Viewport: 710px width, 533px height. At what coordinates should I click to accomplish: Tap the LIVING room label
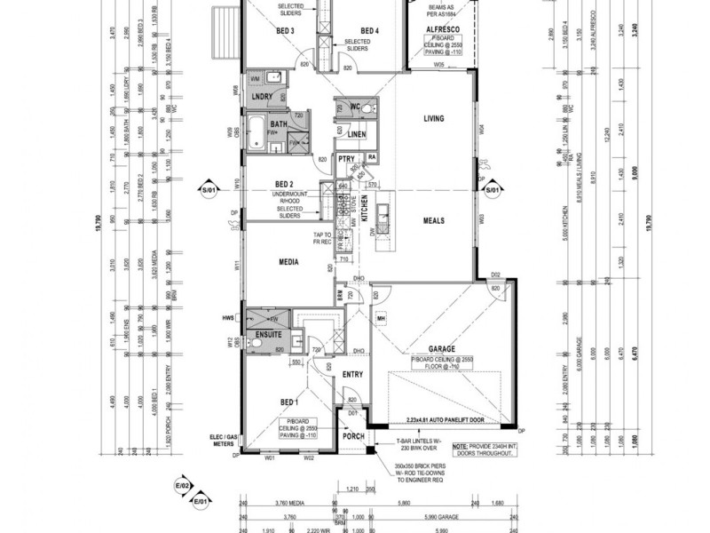coord(433,118)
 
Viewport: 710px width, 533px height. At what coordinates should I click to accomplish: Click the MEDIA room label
coord(288,262)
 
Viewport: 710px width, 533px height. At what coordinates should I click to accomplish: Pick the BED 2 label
coord(284,185)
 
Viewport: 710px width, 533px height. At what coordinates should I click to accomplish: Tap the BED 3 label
coord(286,31)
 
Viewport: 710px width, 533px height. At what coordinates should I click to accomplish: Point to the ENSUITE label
coord(269,335)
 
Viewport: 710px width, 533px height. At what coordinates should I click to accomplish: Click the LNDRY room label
coord(261,95)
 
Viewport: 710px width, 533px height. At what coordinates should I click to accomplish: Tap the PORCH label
coord(353,436)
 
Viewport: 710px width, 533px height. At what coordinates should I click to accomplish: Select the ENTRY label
coord(353,375)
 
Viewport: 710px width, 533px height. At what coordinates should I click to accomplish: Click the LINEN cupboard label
coord(356,134)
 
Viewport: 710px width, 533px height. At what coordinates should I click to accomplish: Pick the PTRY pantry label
coord(346,158)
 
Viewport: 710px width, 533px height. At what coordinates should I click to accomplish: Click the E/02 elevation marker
coord(181,486)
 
